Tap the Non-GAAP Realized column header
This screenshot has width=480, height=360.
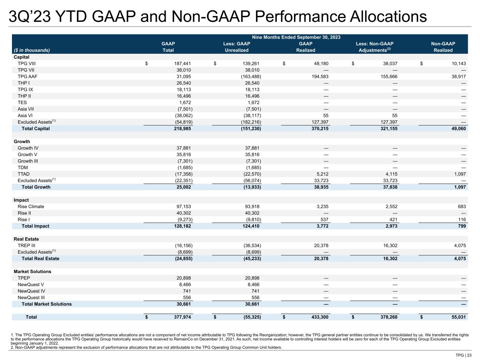(x=443, y=47)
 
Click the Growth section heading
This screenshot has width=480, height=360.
(x=22, y=142)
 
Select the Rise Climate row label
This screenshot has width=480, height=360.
(x=31, y=207)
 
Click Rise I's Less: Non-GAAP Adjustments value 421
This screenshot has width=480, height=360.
(x=392, y=220)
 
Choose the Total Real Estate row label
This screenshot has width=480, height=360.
(x=40, y=259)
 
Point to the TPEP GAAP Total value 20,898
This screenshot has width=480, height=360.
(x=184, y=278)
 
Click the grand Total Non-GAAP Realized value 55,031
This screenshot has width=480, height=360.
(x=457, y=317)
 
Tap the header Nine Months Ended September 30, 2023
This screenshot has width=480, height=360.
(x=296, y=37)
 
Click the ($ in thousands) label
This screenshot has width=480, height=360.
(x=32, y=50)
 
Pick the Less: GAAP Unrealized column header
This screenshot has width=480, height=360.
(x=237, y=47)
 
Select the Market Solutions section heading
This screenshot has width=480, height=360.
(x=32, y=272)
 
